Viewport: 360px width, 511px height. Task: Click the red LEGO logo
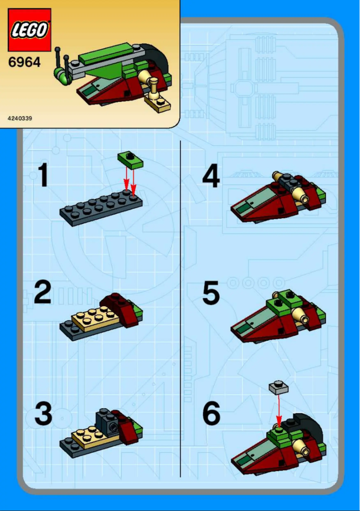pyautogui.click(x=29, y=30)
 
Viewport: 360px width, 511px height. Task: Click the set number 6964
pyautogui.click(x=24, y=62)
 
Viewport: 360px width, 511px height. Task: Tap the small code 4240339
pyautogui.click(x=20, y=119)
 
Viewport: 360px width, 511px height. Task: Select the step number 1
pyautogui.click(x=43, y=175)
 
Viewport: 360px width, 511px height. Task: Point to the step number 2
pyautogui.click(x=43, y=292)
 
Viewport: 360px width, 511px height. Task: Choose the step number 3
pyautogui.click(x=43, y=414)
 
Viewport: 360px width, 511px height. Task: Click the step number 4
pyautogui.click(x=211, y=176)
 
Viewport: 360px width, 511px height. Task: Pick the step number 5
pyautogui.click(x=211, y=294)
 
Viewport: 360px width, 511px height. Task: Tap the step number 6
pyautogui.click(x=211, y=414)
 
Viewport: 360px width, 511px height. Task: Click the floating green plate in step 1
pyautogui.click(x=130, y=159)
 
